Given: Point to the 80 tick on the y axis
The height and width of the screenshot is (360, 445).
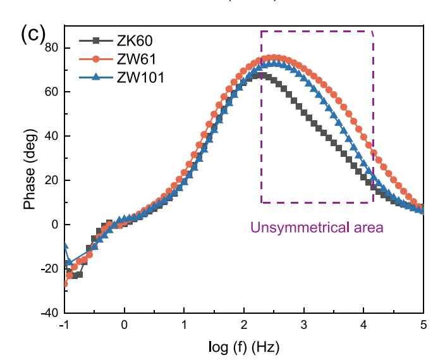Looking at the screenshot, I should [x=52, y=47].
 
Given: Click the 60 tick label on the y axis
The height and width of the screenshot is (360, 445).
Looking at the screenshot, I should [x=52, y=92].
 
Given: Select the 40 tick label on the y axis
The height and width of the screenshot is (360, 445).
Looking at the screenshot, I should [x=52, y=136].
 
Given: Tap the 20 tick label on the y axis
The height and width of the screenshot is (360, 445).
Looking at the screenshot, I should [x=52, y=180].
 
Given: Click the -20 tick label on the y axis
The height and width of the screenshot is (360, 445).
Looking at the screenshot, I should [x=49, y=269].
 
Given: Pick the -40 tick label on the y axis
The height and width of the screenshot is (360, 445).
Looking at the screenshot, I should [x=49, y=313].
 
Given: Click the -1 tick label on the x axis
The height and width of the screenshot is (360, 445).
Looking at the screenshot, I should [x=63, y=325].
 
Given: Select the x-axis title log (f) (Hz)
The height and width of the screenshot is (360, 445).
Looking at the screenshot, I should [x=244, y=347].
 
